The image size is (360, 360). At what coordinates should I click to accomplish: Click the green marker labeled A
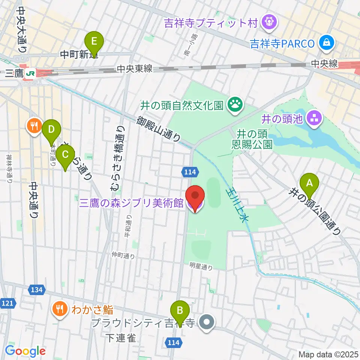tap(309, 183)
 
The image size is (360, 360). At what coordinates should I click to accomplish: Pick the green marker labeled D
tap(52, 130)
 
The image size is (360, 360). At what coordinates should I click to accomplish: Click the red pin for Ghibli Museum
tap(195, 196)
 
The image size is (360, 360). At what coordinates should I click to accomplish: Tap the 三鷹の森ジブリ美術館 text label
tap(131, 203)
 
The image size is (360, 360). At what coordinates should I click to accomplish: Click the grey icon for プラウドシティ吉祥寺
tap(206, 322)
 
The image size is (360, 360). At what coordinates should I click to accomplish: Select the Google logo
tap(25, 351)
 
